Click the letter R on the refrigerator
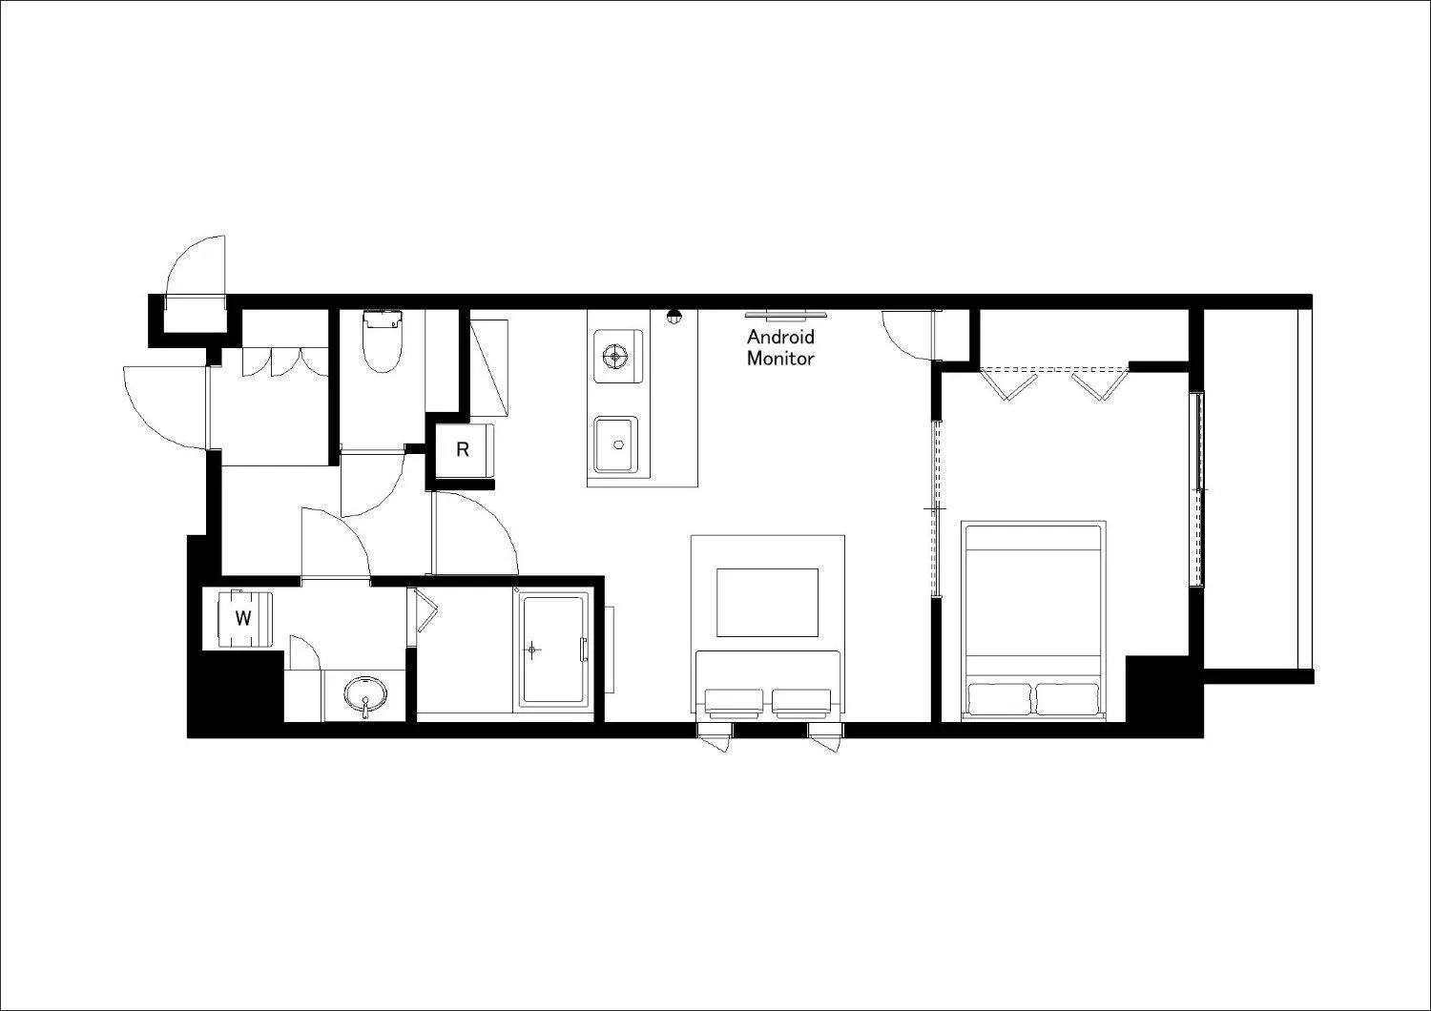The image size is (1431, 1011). (x=463, y=449)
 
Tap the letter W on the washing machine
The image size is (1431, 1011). (x=243, y=618)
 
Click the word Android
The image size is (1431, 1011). (x=780, y=337)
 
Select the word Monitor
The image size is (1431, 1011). (x=780, y=359)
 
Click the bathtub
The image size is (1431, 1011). (x=551, y=652)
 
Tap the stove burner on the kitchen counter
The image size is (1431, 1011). (x=616, y=357)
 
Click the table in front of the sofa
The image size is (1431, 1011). (x=767, y=602)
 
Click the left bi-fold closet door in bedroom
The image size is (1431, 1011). (x=1010, y=384)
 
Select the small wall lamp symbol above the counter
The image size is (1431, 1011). (x=674, y=317)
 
